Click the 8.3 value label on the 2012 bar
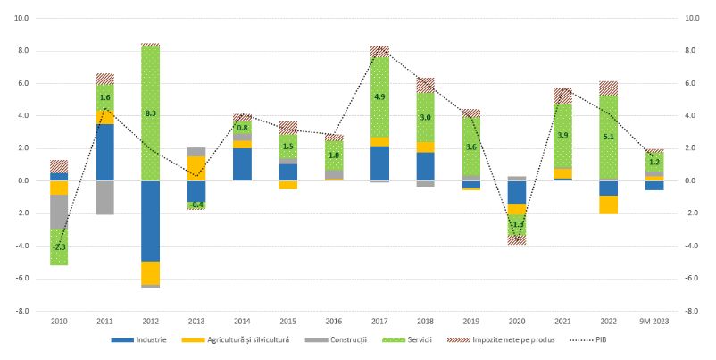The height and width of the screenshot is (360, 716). [x=150, y=113]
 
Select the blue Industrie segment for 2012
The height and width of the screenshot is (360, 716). [x=150, y=221]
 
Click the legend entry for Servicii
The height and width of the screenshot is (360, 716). [x=414, y=340]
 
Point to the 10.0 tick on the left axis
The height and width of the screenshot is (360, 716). [x=21, y=18]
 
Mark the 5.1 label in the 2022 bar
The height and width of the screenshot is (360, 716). [x=609, y=138]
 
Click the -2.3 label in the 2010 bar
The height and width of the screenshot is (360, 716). [x=59, y=247]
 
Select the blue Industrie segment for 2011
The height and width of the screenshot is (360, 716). [x=104, y=152]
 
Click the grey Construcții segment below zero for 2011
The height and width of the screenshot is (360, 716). [x=104, y=197]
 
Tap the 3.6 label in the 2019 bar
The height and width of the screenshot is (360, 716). [x=471, y=147]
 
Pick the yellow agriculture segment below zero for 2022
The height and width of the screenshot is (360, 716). [x=609, y=205]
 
